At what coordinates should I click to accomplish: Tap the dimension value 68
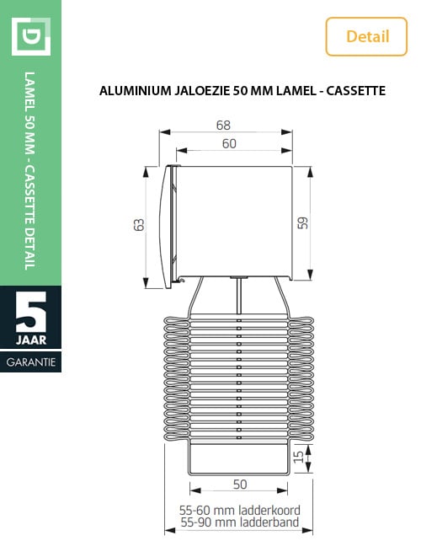coord(223,125)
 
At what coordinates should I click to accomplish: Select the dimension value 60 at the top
coord(229,144)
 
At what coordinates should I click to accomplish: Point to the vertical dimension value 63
coord(140,224)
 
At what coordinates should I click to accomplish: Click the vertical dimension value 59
coord(303,222)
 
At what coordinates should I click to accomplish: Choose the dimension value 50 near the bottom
coord(240,485)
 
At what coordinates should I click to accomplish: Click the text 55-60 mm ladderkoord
coord(240,511)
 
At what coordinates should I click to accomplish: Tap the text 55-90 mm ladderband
coord(240,522)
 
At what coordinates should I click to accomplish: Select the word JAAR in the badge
coord(31,340)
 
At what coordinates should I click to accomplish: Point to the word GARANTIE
coord(31,362)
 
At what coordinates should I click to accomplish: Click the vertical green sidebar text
coord(30,173)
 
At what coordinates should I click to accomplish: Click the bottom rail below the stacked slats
coord(240,460)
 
